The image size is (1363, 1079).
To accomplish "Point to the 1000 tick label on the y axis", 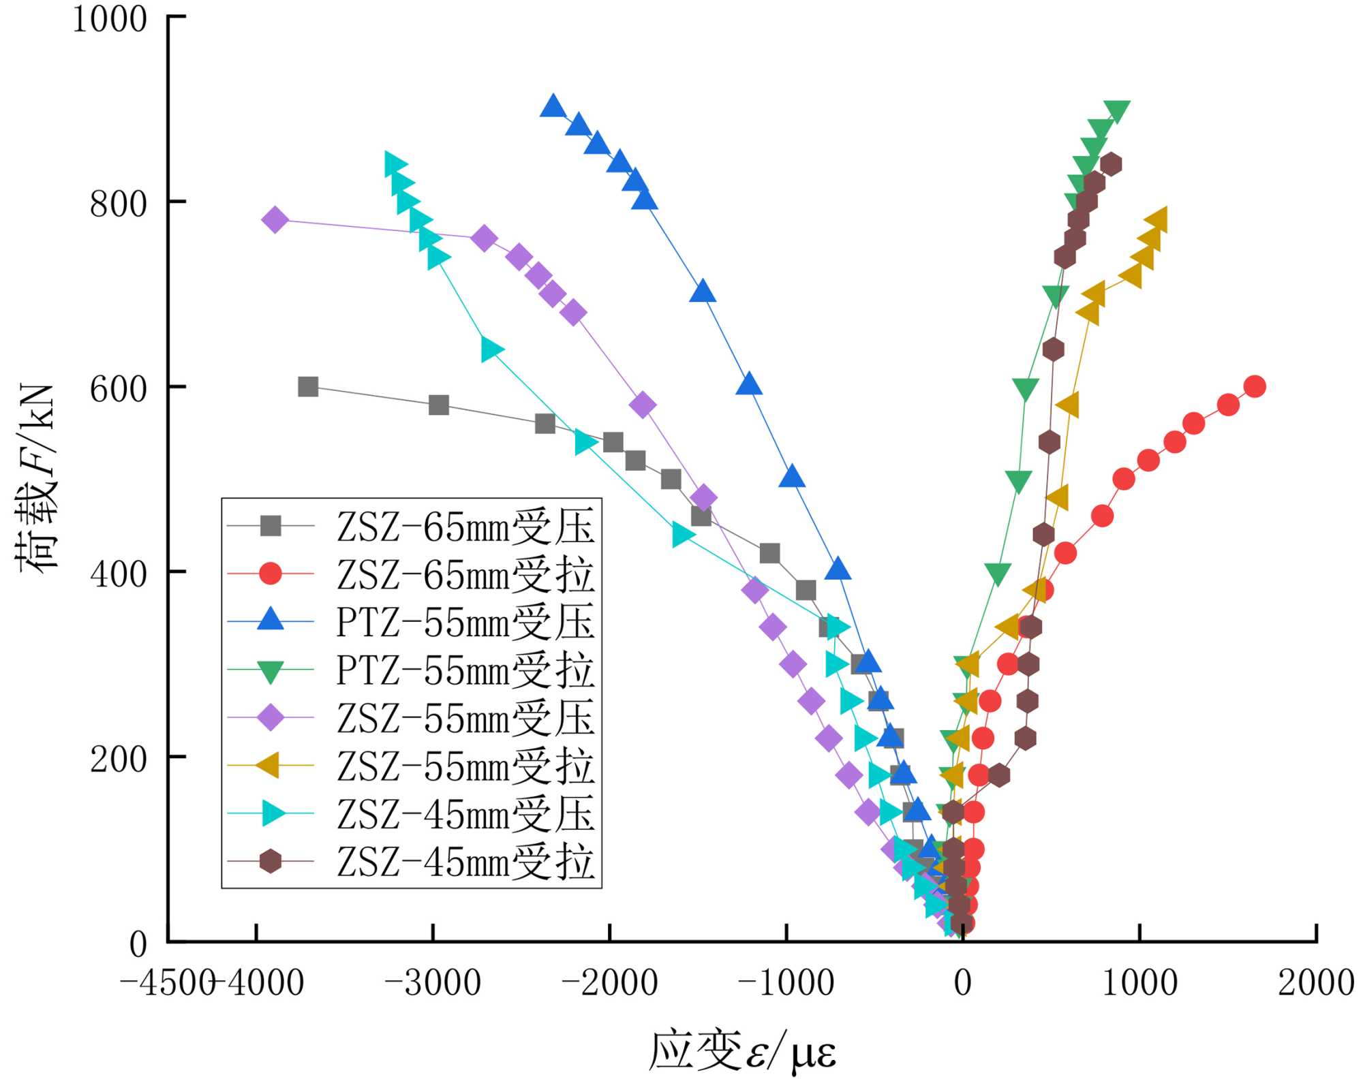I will (110, 19).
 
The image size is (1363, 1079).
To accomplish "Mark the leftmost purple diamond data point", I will (275, 220).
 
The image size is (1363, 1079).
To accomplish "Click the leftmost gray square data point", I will (308, 387).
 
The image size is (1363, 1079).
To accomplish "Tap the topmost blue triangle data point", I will (553, 107).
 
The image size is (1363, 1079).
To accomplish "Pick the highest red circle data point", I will (1255, 387).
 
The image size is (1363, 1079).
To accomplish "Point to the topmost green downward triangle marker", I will (1117, 110).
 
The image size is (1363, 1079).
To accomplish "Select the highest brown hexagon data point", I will (1111, 164).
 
